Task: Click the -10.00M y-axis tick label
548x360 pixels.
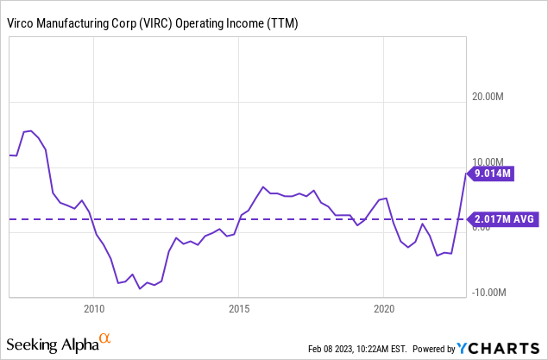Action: tap(489, 292)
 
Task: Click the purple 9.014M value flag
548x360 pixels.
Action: tap(492, 174)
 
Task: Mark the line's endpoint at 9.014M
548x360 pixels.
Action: tap(466, 174)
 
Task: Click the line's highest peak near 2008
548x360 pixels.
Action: tap(30, 130)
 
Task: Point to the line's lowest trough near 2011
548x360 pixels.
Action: tap(140, 288)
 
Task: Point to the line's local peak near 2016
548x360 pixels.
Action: tap(263, 186)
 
